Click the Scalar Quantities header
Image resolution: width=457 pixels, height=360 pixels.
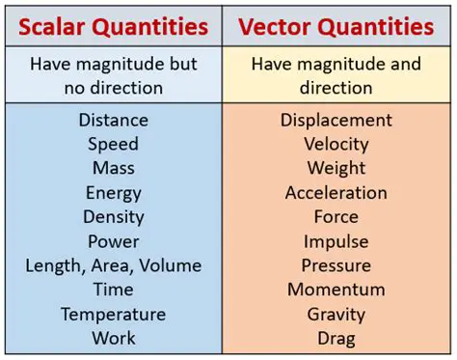tap(113, 26)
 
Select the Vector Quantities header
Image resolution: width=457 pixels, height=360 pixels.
tap(336, 26)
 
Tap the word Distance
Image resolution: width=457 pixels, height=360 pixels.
tap(114, 120)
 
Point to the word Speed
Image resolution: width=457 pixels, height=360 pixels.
tap(114, 144)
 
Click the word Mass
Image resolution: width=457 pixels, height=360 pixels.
tap(114, 168)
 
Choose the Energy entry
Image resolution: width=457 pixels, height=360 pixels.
tap(114, 193)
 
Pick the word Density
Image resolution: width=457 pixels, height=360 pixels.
tap(114, 217)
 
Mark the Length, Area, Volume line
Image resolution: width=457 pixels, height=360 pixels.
tap(114, 265)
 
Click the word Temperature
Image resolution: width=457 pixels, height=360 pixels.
tap(114, 314)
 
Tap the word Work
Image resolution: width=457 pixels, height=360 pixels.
tap(114, 338)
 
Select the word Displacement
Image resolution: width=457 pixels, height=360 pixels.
tap(336, 120)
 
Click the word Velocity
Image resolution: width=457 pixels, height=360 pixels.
tap(336, 144)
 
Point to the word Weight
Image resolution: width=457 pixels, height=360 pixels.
tap(336, 168)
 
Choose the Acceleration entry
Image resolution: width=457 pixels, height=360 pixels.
tap(336, 193)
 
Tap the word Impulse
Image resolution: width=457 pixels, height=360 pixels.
tap(336, 241)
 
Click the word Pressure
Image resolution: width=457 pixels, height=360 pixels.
tap(336, 265)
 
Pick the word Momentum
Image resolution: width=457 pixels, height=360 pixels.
tap(336, 290)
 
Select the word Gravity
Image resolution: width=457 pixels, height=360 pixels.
tap(336, 314)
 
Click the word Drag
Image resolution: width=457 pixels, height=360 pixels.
tap(336, 338)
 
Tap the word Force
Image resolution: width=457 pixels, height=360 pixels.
tap(336, 217)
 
